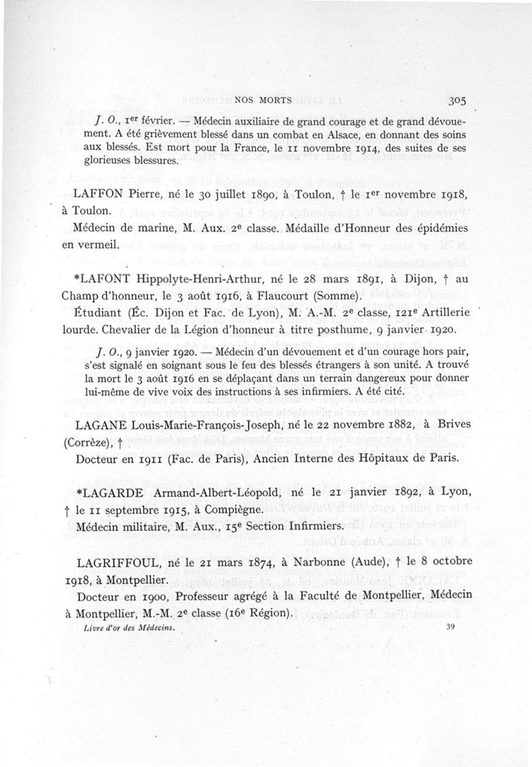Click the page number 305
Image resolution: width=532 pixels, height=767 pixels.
pos(457,101)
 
